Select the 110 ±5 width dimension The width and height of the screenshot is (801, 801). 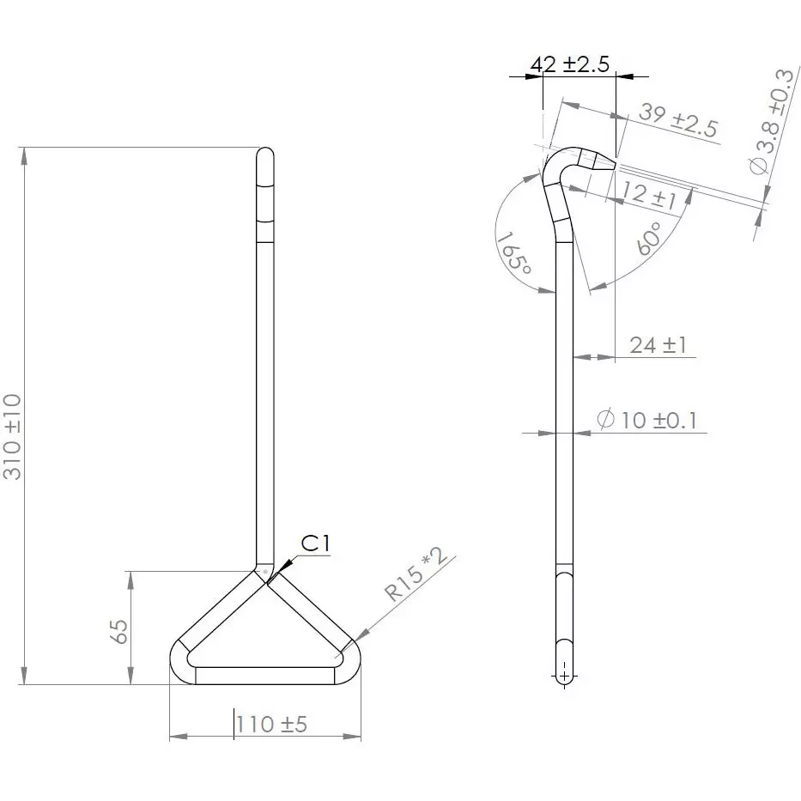click(271, 724)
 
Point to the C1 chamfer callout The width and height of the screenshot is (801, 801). click(315, 543)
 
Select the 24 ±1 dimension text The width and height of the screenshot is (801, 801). click(658, 345)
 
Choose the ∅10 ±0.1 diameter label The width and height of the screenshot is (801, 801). click(648, 420)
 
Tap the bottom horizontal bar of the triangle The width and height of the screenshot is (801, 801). click(265, 675)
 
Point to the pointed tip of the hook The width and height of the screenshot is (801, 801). click(612, 162)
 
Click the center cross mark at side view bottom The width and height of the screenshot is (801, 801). click(564, 675)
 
